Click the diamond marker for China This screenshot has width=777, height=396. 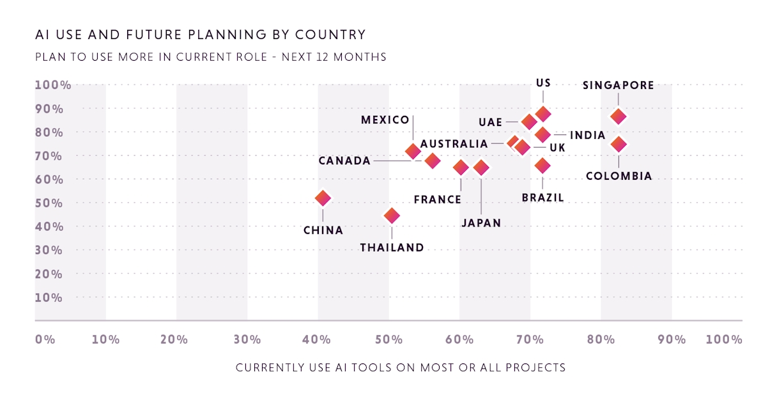[323, 198]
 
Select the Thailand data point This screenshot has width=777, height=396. [392, 216]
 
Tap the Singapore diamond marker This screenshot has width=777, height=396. [618, 116]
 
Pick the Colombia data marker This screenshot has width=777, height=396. [618, 144]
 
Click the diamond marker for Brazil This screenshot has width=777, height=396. [542, 166]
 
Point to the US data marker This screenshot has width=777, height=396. [542, 114]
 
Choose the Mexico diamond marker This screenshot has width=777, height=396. [413, 152]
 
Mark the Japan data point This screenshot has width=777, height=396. [481, 168]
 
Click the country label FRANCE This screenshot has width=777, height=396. [438, 200]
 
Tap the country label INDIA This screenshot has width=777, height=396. [587, 135]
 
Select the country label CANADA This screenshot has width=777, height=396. [345, 161]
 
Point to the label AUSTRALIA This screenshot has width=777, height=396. [454, 144]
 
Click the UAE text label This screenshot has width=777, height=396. [490, 122]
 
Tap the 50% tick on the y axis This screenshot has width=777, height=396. [49, 203]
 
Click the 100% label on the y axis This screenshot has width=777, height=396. [52, 85]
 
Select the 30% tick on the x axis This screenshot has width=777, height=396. [247, 339]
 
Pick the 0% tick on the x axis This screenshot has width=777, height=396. [45, 339]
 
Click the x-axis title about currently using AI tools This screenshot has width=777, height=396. [401, 368]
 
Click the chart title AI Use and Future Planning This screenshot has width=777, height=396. [201, 35]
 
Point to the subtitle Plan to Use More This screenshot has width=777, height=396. [211, 57]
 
